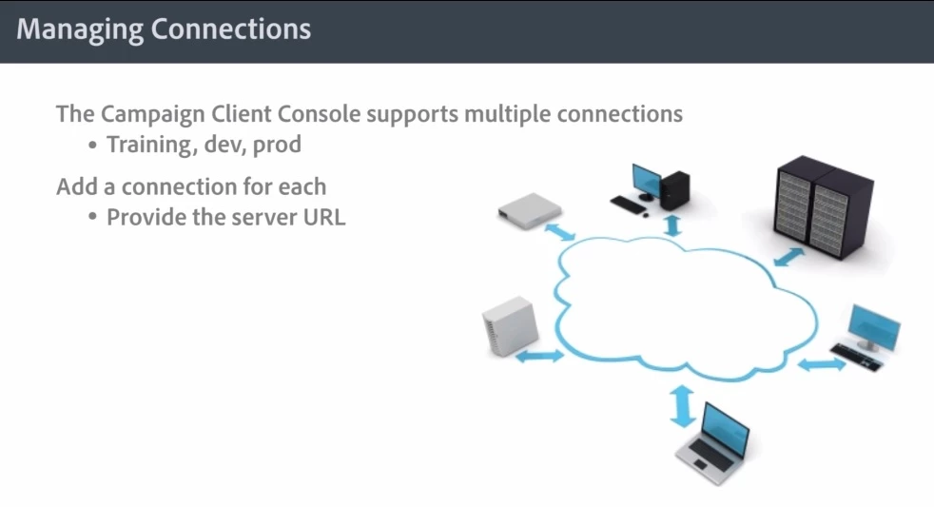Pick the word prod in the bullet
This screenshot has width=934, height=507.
tap(277, 146)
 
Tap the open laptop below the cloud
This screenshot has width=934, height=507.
tap(714, 442)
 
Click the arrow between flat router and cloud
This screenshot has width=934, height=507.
tap(561, 232)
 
